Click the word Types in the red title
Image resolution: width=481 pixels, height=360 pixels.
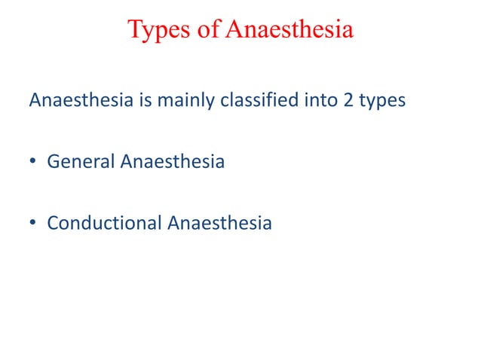155,30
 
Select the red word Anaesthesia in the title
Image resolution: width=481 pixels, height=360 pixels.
290,30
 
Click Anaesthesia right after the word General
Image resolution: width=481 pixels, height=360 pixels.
172,161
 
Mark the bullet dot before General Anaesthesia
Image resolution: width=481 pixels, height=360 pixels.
32,162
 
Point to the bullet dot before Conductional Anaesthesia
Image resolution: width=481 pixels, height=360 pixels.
32,224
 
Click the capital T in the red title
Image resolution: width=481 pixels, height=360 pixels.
134,30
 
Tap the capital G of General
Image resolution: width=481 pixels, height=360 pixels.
53,161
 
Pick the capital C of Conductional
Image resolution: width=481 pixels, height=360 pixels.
52,223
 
